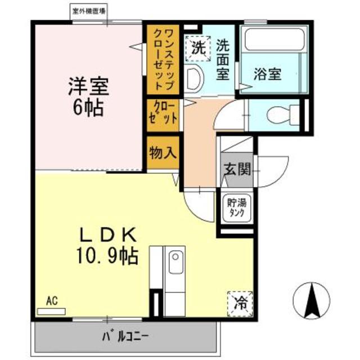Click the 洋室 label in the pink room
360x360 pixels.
pos(88,87)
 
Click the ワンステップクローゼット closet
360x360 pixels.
pos(163,58)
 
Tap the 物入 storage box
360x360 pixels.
pos(163,152)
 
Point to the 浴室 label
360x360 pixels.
pos(267,74)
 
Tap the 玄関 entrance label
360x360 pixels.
pos(236,169)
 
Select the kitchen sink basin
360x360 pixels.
pos(175,265)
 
